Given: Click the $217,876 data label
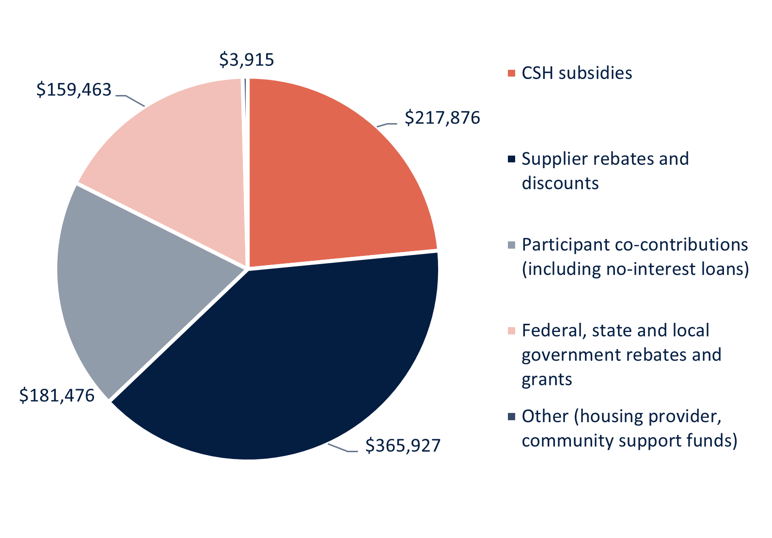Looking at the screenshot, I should (442, 118).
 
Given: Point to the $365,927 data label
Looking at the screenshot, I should (403, 445).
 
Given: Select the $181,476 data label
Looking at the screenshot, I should (57, 396).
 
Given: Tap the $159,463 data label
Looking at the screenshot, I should (74, 90).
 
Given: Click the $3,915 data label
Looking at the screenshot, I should (247, 60).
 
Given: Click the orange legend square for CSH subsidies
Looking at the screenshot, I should (511, 73).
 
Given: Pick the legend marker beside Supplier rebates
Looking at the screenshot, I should (511, 159).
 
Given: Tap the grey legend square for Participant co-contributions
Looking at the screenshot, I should (511, 245).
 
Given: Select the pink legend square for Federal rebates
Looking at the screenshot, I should (511, 331).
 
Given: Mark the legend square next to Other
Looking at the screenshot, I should (511, 416).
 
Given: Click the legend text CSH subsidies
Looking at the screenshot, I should (577, 73).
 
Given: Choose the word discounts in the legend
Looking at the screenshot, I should (560, 183).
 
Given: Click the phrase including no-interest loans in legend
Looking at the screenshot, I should (635, 269).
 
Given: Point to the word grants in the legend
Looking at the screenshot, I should (547, 379).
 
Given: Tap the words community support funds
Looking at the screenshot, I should (629, 441).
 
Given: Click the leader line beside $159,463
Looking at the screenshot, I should (130, 99).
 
